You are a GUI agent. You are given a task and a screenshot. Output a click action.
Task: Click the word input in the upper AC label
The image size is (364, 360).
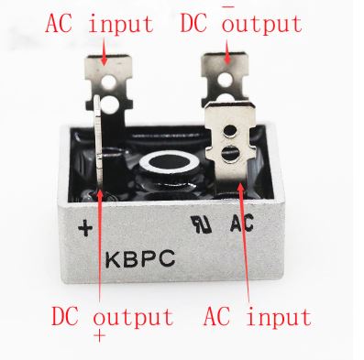[120, 23]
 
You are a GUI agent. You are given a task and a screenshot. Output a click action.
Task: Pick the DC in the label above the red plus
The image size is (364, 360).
[69, 317]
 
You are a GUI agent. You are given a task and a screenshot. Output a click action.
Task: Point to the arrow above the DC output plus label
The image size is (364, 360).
[98, 266]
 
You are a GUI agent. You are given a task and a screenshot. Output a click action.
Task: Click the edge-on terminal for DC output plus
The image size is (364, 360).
[98, 147]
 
